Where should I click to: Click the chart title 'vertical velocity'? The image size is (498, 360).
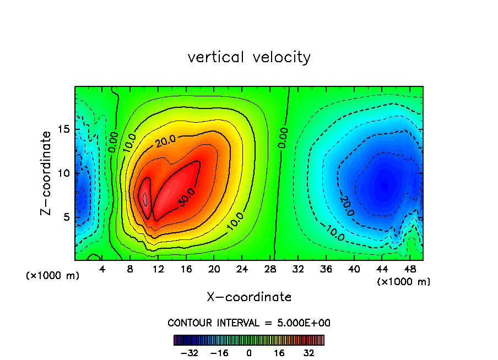249,57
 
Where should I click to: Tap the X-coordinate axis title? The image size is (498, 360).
249,297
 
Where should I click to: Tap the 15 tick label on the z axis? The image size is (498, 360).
63,129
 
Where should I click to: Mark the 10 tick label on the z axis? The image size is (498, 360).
63,173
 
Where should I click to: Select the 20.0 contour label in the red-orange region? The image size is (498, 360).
165,141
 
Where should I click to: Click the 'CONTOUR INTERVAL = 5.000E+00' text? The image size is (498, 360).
249,323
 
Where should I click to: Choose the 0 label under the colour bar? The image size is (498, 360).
249,353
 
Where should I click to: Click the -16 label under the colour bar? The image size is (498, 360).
219,353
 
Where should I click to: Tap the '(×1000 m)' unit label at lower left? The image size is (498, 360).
53,275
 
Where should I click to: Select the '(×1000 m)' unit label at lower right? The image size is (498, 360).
404,281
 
